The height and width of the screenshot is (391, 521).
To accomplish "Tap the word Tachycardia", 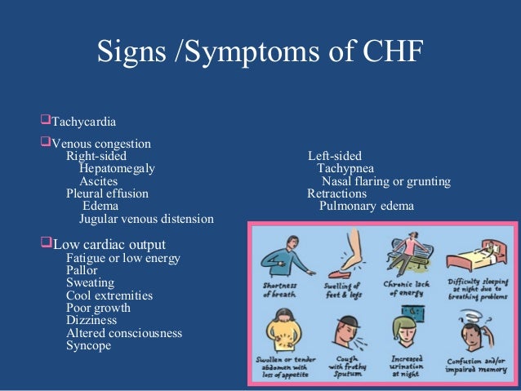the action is click(x=84, y=122).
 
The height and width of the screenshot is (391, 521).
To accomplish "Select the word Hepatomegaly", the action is click(x=117, y=168).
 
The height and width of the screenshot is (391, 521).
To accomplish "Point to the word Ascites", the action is click(x=98, y=181).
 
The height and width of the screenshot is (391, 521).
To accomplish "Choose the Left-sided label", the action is click(x=335, y=156).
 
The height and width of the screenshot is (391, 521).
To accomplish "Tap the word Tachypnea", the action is click(x=345, y=168).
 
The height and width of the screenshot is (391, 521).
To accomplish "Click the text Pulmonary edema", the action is click(x=367, y=207).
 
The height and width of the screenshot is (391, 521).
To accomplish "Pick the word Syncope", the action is click(x=88, y=345).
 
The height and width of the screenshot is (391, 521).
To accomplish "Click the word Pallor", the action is click(x=82, y=270).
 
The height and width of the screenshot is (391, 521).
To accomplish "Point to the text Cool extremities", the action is click(x=109, y=295).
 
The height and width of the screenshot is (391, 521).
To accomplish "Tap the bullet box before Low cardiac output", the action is click(x=46, y=244).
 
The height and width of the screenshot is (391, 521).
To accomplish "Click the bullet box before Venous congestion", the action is click(x=46, y=143).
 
